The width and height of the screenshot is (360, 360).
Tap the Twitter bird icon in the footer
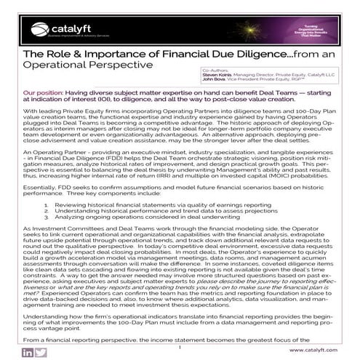41,352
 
